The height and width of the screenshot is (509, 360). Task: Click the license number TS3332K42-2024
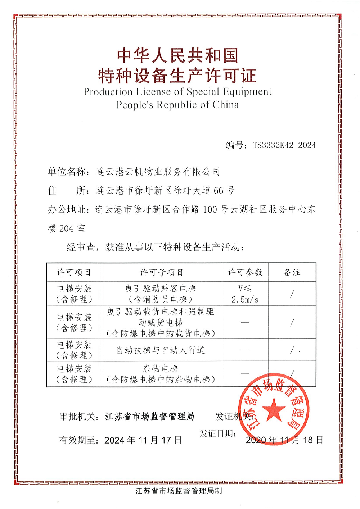[284, 145]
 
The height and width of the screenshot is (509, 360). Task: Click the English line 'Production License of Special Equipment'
[177, 92]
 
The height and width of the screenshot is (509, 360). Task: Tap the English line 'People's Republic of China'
[177, 105]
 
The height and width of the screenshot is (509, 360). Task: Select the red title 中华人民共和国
[177, 56]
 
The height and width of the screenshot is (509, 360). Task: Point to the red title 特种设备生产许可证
[177, 76]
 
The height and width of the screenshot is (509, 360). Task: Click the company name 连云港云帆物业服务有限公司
[158, 172]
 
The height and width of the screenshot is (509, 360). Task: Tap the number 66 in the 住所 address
[219, 191]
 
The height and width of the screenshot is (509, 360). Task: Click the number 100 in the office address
[210, 209]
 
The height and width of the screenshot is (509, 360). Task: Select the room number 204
[66, 228]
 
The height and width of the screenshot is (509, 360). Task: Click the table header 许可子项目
[162, 273]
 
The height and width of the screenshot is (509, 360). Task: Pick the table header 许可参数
[245, 273]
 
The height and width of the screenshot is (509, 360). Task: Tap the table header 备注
[292, 273]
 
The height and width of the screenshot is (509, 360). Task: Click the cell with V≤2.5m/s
[245, 294]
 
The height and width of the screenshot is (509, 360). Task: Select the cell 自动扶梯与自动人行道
[161, 350]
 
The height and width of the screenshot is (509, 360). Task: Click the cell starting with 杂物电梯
[161, 374]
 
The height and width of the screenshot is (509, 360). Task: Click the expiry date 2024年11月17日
[143, 440]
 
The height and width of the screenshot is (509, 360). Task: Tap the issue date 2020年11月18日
[284, 440]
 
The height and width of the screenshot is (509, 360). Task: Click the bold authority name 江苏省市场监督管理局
[150, 417]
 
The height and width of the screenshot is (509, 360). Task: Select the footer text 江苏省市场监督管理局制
[179, 491]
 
